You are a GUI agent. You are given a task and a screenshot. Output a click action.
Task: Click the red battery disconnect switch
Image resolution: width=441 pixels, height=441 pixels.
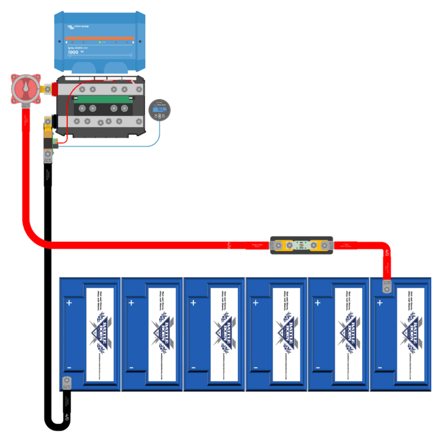[x=24, y=90]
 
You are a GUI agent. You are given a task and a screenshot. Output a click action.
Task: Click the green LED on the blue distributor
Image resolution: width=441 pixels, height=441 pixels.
[x=99, y=42]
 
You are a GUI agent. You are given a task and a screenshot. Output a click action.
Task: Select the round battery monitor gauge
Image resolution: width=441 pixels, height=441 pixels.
[x=158, y=109]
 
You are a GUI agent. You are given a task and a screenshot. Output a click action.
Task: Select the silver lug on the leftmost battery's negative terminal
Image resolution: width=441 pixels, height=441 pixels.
[x=66, y=381]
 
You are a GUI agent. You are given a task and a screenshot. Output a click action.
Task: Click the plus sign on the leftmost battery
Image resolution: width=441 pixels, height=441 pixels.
[x=69, y=303]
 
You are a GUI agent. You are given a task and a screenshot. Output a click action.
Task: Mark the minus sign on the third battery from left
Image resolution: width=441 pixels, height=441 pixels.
[x=194, y=367]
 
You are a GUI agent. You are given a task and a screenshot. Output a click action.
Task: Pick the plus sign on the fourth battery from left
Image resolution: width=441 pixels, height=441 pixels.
[x=256, y=303]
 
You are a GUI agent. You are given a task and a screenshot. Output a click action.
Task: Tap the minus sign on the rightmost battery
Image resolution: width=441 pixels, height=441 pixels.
[x=380, y=367]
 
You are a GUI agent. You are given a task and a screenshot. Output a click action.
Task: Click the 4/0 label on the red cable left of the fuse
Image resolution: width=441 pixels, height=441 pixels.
[x=229, y=246]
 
